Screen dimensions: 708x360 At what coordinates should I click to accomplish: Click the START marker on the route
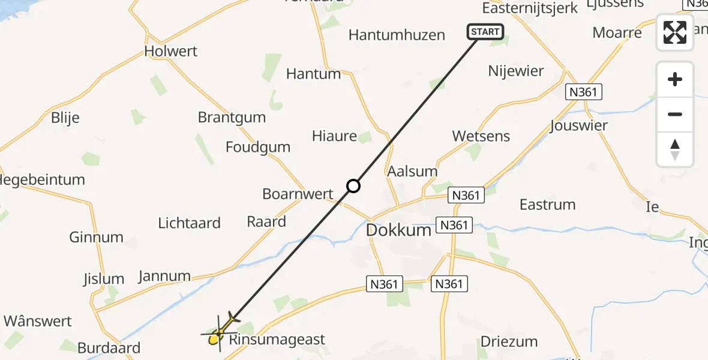click(485, 32)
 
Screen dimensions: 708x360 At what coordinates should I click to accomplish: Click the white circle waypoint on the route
click(353, 186)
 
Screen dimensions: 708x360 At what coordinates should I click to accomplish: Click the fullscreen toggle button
click(675, 32)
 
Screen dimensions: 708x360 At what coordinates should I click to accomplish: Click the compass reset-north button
click(675, 149)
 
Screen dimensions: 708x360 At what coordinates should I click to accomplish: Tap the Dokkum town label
click(398, 230)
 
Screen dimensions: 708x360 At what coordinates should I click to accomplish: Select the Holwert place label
click(171, 52)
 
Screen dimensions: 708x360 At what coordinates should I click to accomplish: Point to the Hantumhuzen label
click(397, 35)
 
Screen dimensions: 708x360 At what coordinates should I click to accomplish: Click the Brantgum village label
click(232, 117)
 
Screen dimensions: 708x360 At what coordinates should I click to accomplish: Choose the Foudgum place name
click(258, 147)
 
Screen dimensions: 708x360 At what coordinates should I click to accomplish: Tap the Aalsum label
click(412, 171)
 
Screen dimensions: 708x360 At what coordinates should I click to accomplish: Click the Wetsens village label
click(481, 136)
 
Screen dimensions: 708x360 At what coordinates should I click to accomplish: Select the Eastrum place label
click(547, 205)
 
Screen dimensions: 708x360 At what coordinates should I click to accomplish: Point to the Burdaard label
click(109, 347)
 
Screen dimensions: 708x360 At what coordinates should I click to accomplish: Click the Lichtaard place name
click(189, 223)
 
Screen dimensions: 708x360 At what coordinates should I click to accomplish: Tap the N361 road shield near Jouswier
click(584, 92)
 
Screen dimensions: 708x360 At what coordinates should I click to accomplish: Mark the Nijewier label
click(516, 71)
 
